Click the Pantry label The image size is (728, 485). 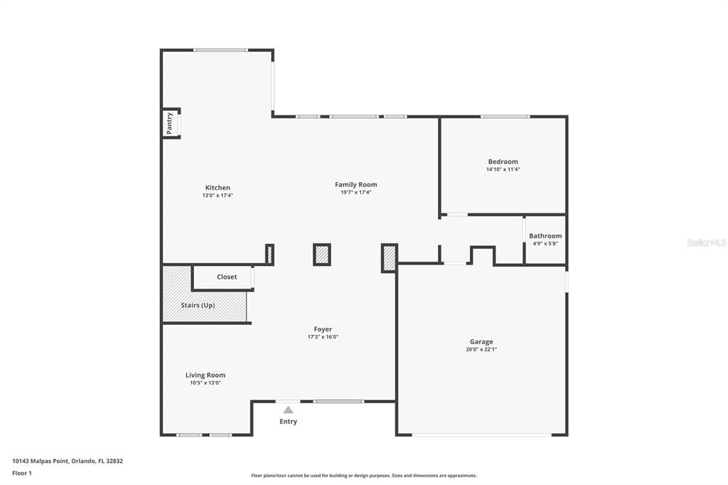(x=169, y=123)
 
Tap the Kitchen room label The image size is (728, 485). (x=218, y=188)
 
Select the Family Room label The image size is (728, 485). (x=356, y=184)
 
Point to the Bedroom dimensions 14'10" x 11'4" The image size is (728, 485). (x=503, y=169)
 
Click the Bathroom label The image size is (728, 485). (x=545, y=236)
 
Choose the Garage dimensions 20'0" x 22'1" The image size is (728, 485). (x=481, y=349)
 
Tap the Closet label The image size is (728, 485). (x=227, y=277)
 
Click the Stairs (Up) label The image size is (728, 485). (x=198, y=305)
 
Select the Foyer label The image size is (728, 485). (x=323, y=329)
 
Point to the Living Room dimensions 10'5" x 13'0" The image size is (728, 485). (x=205, y=383)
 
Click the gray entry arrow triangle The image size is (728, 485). (x=289, y=410)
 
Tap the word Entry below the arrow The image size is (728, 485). (x=289, y=422)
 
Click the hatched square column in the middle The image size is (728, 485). (x=322, y=255)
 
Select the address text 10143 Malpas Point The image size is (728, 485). (x=41, y=462)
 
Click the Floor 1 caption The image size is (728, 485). (x=22, y=474)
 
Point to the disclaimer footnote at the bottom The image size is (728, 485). (x=364, y=476)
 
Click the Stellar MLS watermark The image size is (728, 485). (x=707, y=242)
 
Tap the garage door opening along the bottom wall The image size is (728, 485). (x=482, y=435)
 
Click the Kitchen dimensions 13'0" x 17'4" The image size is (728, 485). (x=218, y=196)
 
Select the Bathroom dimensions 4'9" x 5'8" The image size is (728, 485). (x=545, y=243)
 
